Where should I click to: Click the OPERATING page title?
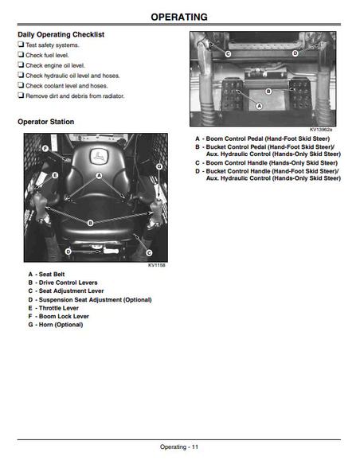click(179, 17)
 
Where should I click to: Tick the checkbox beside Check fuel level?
click(21, 55)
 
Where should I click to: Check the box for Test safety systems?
click(21, 45)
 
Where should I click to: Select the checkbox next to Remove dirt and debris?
click(21, 96)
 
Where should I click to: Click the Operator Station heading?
click(45, 122)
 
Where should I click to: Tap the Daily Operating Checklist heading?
click(61, 35)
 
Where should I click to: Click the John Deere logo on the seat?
click(99, 156)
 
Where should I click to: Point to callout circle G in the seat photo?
click(159, 166)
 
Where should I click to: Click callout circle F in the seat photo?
click(45, 149)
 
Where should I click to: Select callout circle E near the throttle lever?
click(55, 175)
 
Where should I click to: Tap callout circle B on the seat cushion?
click(90, 223)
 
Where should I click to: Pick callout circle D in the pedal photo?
click(295, 53)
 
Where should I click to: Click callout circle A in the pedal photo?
click(260, 106)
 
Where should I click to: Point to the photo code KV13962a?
click(320, 130)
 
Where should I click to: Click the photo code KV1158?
click(157, 265)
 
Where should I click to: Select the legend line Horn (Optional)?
click(56, 325)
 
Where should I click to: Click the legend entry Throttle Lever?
click(53, 308)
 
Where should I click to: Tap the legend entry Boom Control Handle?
click(267, 163)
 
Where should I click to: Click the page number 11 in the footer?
click(195, 447)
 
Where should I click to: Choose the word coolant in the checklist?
click(55, 86)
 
